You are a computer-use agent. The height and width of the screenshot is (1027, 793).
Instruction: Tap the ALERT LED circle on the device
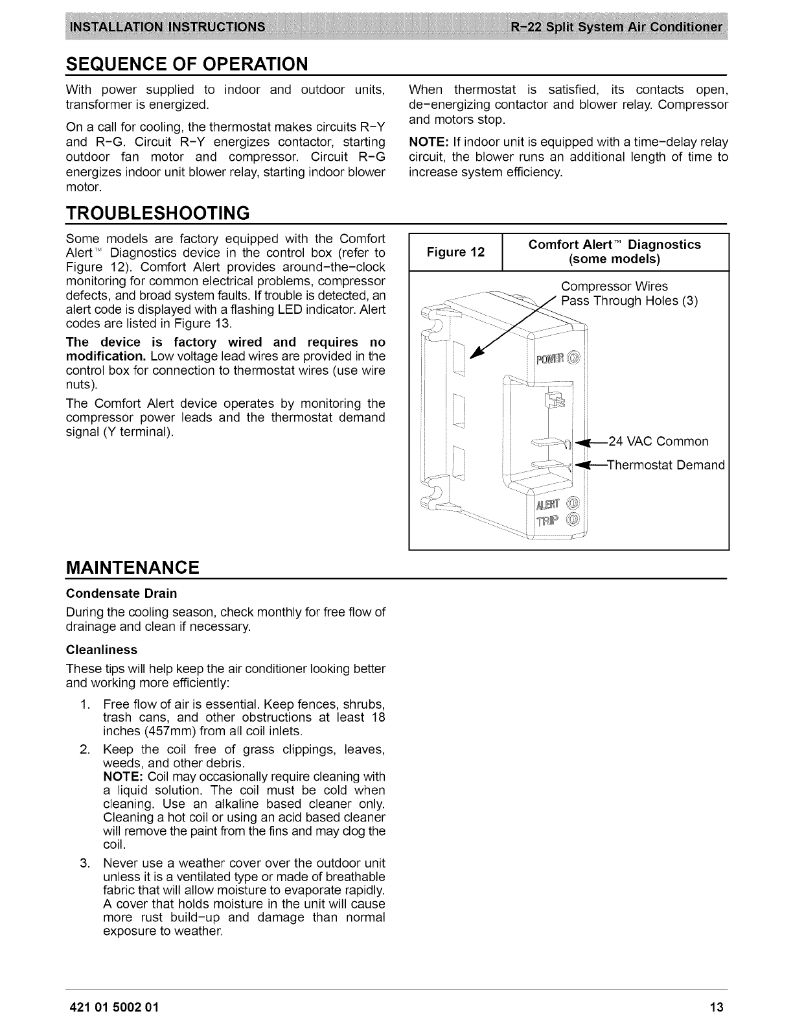tap(573, 505)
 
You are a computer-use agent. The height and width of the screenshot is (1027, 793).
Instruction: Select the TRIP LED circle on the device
tap(573, 521)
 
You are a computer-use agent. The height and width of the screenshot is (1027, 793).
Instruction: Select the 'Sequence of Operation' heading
tap(187, 64)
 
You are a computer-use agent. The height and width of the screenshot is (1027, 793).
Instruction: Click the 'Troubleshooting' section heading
tap(157, 213)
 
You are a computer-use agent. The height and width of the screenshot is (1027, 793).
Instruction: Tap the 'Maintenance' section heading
tap(132, 567)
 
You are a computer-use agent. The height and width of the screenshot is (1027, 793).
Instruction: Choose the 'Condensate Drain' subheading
tap(121, 593)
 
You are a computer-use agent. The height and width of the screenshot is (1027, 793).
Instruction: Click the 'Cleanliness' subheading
tap(102, 650)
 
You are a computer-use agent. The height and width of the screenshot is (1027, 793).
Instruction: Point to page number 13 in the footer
tap(716, 1008)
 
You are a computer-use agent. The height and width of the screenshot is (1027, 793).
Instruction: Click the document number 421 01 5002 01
tap(111, 1008)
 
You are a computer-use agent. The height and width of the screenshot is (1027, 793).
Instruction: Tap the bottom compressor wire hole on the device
tap(459, 463)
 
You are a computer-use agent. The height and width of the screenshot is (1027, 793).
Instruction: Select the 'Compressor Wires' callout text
tap(614, 287)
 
